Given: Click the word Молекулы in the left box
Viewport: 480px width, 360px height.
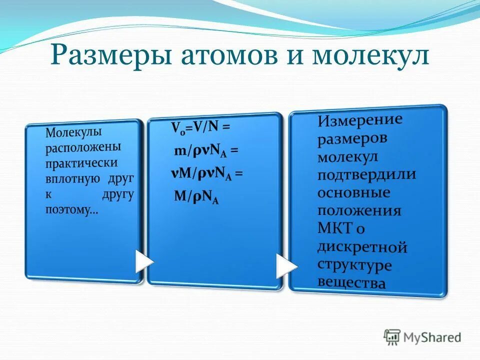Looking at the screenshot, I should pos(74,133).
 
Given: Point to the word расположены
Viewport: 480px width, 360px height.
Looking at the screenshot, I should pos(83,148).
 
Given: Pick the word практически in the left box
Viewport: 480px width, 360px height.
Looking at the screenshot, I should pos(82,164).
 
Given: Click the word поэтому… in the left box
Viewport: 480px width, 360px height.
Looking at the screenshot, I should pos(72,210).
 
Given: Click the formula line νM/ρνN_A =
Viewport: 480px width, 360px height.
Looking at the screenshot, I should pos(206,174).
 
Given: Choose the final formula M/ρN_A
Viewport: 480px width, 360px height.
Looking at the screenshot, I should pos(196,197).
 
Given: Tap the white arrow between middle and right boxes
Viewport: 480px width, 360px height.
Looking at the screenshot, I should pos(286,266).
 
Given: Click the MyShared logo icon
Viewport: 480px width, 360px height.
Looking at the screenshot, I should pos(392,336).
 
